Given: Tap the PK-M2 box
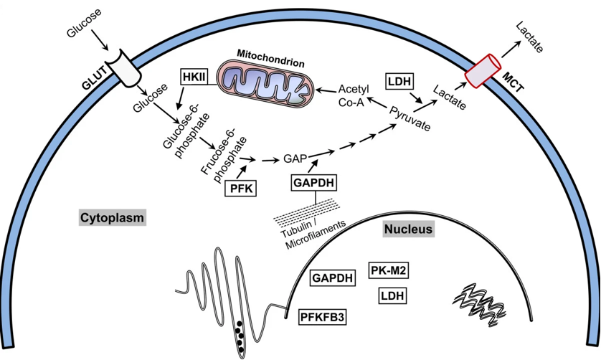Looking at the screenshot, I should point(389,270).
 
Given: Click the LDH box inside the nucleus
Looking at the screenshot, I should point(392,295).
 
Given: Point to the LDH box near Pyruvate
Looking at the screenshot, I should point(399,81).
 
